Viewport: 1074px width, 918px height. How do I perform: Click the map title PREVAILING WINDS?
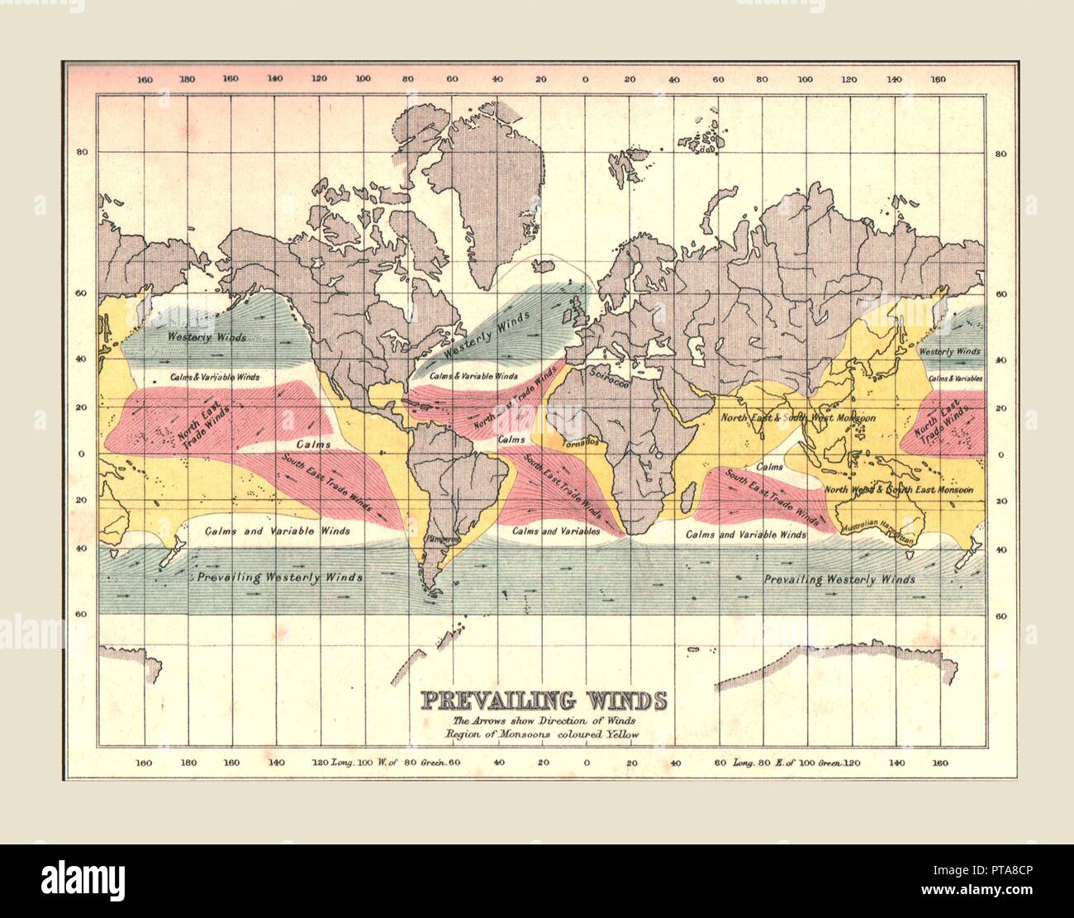coord(544,701)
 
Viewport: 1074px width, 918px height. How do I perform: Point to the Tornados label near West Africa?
coord(578,443)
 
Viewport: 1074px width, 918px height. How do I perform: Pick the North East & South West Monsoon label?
coord(798,418)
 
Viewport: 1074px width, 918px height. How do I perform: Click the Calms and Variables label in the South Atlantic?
coord(555,531)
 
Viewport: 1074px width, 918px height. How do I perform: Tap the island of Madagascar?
coord(684,498)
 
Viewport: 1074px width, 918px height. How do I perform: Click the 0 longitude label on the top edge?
coord(585,79)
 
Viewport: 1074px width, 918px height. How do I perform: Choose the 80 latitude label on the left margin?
coord(82,152)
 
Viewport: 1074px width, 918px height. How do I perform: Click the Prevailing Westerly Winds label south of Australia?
coord(839,579)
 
